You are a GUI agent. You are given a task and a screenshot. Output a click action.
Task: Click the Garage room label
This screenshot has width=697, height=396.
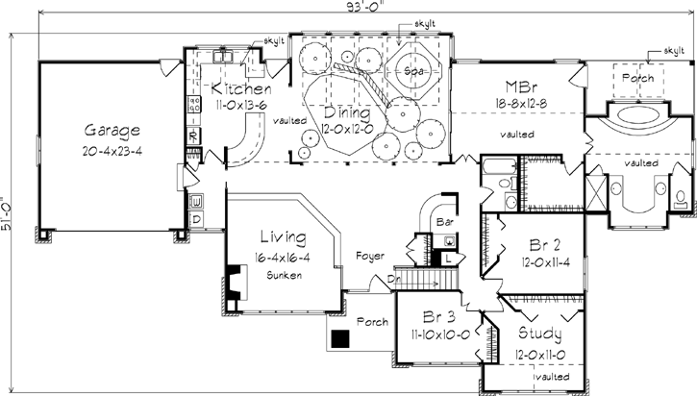click(x=112, y=131)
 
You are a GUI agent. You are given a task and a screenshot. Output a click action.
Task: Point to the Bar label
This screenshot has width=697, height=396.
click(x=445, y=222)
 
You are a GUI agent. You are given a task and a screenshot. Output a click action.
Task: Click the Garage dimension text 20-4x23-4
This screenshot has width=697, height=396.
click(x=112, y=150)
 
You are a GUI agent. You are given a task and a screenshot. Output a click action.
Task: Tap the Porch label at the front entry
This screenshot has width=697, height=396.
click(x=372, y=321)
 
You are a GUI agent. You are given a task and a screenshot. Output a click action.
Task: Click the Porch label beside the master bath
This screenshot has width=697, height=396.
click(x=636, y=77)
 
